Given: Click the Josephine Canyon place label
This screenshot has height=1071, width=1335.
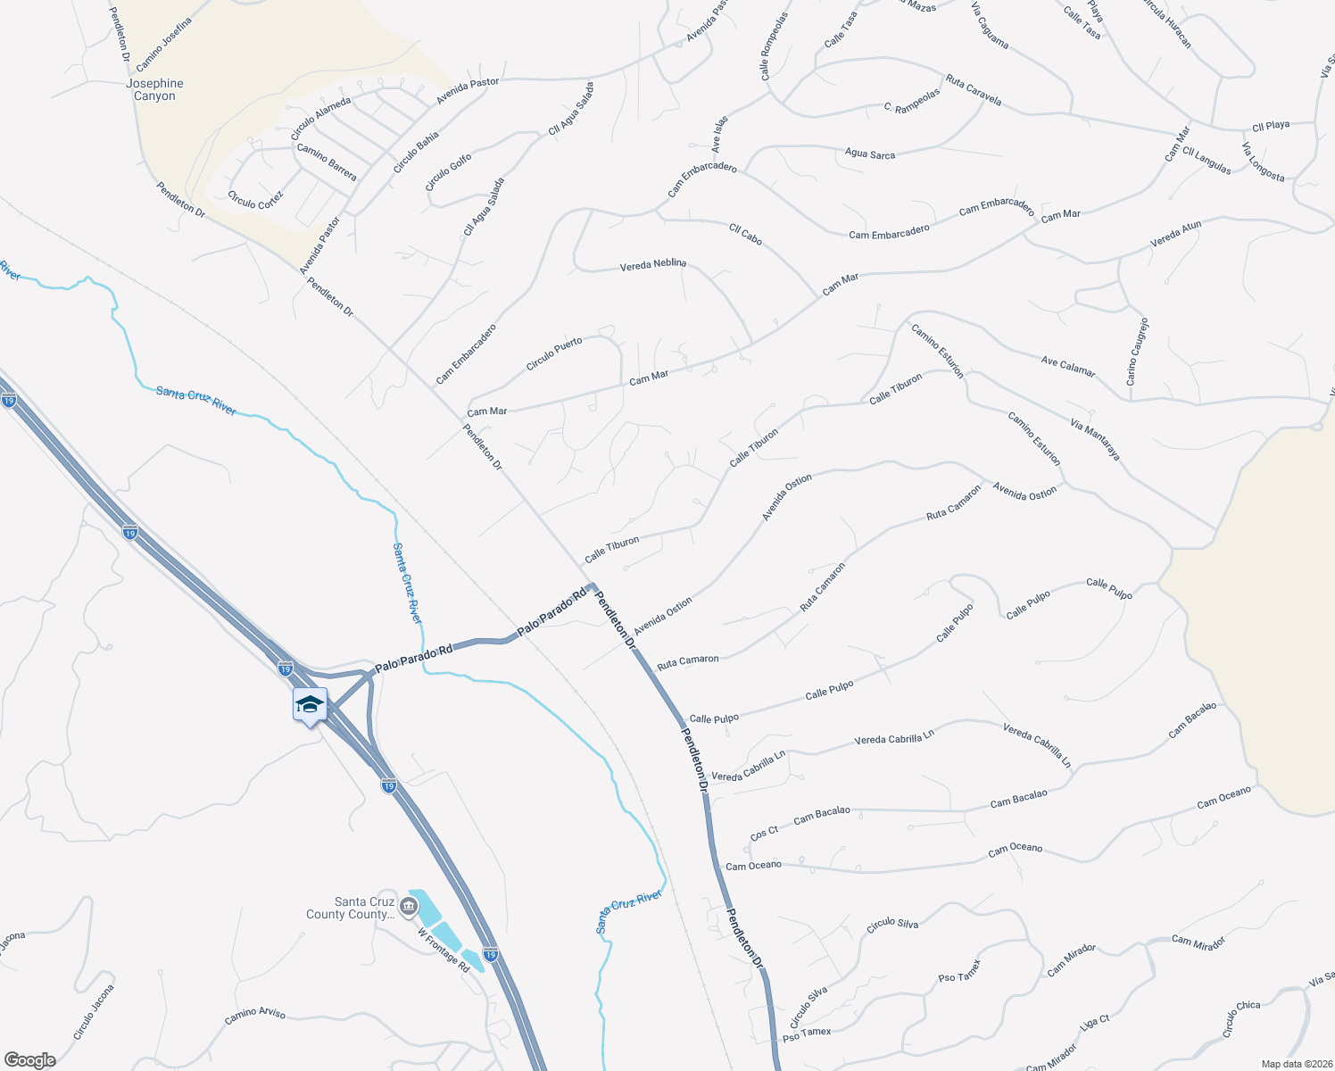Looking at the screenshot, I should [x=154, y=89].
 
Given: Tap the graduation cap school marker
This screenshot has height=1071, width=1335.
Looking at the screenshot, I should [x=310, y=704].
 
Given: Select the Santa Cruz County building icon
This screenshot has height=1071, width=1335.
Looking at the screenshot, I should [x=409, y=908].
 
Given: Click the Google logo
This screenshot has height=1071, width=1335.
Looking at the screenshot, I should [x=29, y=1060].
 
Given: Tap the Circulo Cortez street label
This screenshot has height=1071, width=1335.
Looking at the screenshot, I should [x=255, y=200].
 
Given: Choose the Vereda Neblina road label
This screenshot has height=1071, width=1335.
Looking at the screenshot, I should [x=653, y=264].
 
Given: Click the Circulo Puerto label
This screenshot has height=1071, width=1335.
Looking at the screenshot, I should [x=554, y=354].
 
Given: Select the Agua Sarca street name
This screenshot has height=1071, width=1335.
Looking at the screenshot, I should [x=869, y=154].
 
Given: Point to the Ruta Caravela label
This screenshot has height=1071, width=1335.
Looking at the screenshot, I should [x=973, y=91].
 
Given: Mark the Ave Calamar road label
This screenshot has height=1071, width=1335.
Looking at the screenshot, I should [x=1067, y=367].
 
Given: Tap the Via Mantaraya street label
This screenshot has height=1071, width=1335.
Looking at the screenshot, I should [x=1095, y=439].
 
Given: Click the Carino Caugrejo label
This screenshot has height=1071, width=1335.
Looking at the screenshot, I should [x=1137, y=352].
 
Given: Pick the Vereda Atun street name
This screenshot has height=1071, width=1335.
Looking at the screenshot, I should [x=1175, y=234].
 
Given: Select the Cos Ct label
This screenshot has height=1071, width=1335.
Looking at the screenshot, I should [x=764, y=834].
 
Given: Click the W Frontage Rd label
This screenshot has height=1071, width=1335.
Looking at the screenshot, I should [x=444, y=951].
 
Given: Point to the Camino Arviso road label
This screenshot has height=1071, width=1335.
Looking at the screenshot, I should [x=255, y=1015].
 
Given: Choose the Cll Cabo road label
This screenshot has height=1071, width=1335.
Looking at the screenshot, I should [x=745, y=234].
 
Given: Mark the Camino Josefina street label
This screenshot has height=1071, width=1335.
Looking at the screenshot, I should [x=163, y=45].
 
